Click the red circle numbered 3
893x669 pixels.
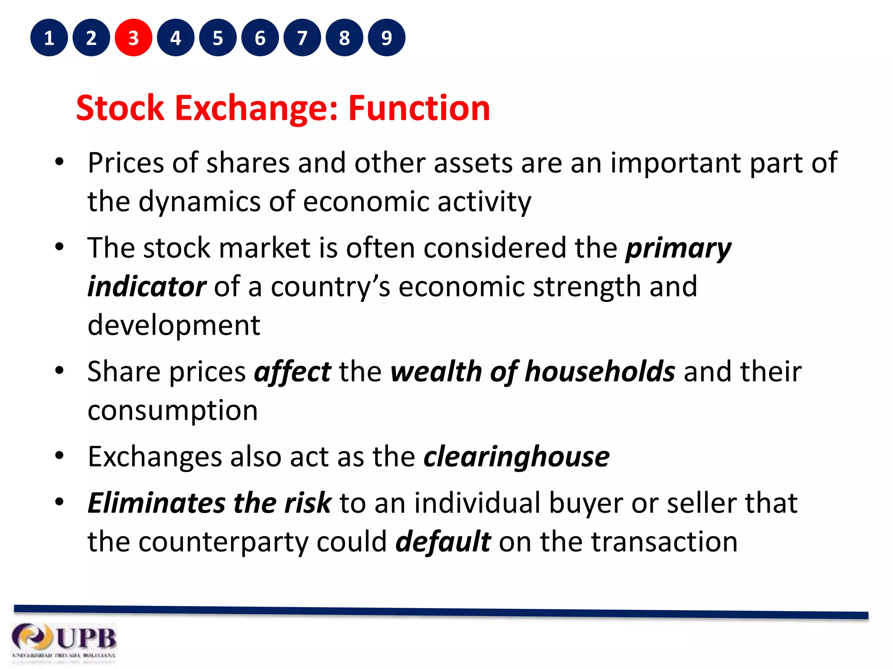pos(133,38)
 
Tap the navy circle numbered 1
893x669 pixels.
pos(49,38)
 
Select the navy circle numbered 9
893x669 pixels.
pos(386,38)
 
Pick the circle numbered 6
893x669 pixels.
pos(260,38)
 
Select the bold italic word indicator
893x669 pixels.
pos(147,287)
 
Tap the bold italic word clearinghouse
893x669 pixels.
pos(516,457)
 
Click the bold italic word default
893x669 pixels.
pos(443,542)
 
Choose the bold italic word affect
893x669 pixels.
pos(293,373)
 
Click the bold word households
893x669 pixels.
pos(600,372)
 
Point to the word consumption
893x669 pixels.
pos(173,411)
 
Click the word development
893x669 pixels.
pos(174,326)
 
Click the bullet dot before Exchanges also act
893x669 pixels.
pos(60,456)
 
